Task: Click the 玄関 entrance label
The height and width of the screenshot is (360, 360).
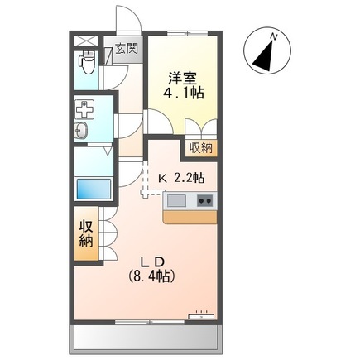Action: pyautogui.click(x=127, y=48)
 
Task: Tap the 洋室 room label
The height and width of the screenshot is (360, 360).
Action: pyautogui.click(x=180, y=78)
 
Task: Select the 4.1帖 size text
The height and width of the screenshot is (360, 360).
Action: pyautogui.click(x=183, y=94)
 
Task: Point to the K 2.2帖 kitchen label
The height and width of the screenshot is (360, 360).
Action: pyautogui.click(x=182, y=176)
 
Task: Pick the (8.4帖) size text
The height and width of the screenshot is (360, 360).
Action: pyautogui.click(x=151, y=276)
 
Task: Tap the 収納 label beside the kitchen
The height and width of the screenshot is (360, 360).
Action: pyautogui.click(x=199, y=148)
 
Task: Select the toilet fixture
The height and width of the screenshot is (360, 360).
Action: pyautogui.click(x=86, y=61)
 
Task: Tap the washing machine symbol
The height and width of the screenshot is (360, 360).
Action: pyautogui.click(x=85, y=108)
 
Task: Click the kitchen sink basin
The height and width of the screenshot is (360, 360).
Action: pyautogui.click(x=178, y=199)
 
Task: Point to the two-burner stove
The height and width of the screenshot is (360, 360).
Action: pyautogui.click(x=204, y=199)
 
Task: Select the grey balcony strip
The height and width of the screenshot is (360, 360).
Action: pyautogui.click(x=150, y=336)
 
